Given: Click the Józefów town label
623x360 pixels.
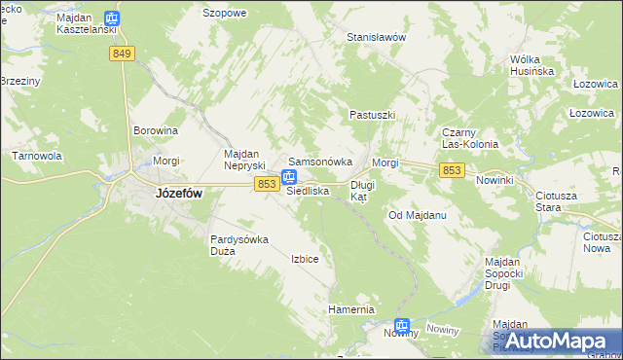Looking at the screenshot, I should click(178, 194).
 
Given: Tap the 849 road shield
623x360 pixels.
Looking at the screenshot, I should click(122, 54).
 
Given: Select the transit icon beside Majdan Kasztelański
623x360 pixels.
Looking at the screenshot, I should click(112, 18).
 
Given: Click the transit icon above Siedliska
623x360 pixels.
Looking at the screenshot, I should click(289, 177).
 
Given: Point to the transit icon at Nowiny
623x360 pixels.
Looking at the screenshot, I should click(402, 327).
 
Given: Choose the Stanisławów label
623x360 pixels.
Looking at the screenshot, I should click(376, 37).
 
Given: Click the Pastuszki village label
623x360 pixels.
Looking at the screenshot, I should click(372, 115).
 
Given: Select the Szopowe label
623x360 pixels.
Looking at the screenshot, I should click(224, 14).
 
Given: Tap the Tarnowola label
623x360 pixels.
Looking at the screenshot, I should click(37, 156).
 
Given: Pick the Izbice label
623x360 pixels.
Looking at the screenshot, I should click(305, 260).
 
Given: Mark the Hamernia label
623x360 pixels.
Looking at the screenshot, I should click(350, 309).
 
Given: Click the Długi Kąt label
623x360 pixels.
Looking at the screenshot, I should click(362, 190).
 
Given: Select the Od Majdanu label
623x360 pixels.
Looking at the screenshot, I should click(417, 215).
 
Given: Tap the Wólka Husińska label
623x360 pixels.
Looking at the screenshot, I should click(531, 65).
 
